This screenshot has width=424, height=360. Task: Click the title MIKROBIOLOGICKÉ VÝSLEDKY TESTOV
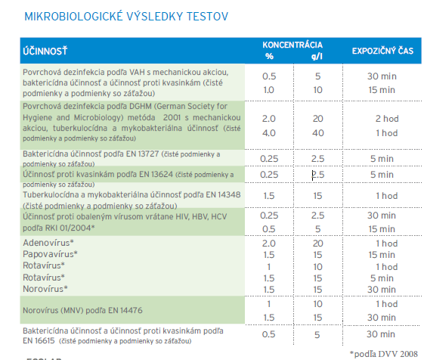[126, 17]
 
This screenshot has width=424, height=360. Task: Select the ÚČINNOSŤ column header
[45, 51]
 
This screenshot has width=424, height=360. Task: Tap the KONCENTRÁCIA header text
[292, 45]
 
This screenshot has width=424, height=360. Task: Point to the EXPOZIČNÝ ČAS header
[382, 51]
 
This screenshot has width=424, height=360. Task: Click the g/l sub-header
[317, 56]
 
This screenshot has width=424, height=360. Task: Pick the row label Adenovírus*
[48, 243]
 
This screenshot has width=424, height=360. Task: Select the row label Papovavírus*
[50, 254]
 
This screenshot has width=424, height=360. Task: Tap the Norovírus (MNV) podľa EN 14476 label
[82, 310]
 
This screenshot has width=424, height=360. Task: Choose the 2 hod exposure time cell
[387, 119]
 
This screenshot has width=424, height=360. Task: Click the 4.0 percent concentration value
[269, 133]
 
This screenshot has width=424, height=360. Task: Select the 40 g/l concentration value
[318, 133]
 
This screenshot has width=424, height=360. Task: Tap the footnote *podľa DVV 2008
[384, 354]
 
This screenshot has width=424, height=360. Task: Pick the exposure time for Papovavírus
[382, 255]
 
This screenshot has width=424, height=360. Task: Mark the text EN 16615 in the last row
[39, 340]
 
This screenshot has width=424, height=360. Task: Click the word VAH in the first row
[137, 72]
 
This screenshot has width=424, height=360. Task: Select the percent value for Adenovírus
[269, 244]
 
